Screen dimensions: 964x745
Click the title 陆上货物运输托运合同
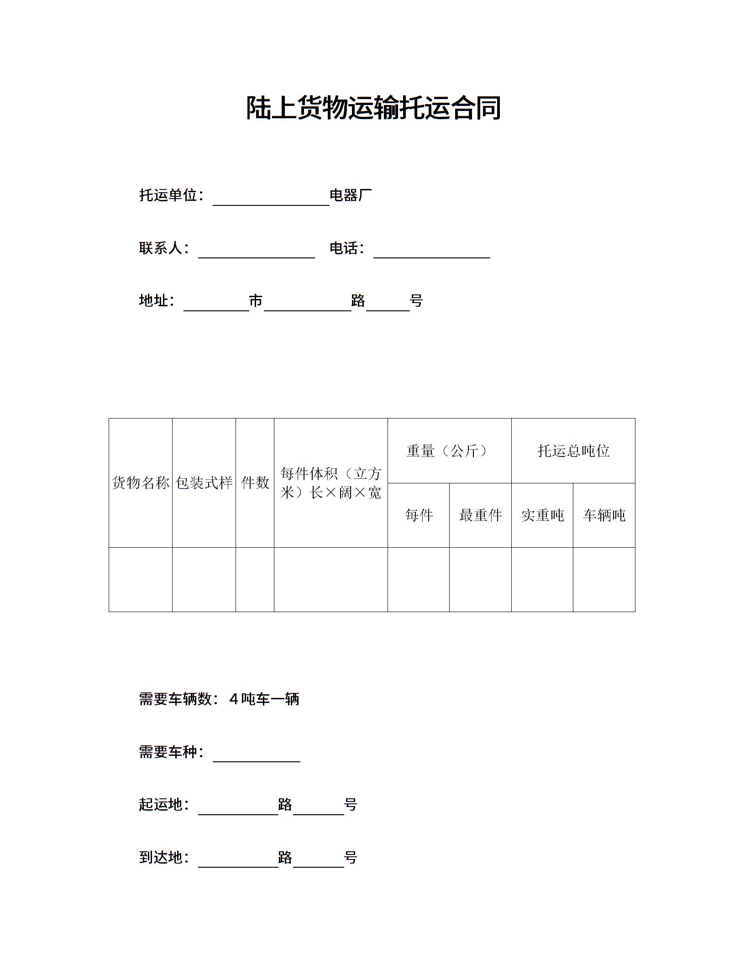pyautogui.click(x=373, y=108)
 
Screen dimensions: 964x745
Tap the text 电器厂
pyautogui.click(x=351, y=195)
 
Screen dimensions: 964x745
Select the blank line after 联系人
pyautogui.click(x=256, y=251)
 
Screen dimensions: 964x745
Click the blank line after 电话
pyautogui.click(x=431, y=251)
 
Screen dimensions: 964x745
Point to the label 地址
pyautogui.click(x=156, y=301)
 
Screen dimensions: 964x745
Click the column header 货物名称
pyautogui.click(x=141, y=483)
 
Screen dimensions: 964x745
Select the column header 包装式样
pyautogui.click(x=204, y=483)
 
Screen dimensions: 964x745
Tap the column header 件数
pyautogui.click(x=255, y=483)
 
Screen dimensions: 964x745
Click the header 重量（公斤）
pyautogui.click(x=449, y=451)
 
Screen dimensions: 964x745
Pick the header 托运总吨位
pyautogui.click(x=573, y=451)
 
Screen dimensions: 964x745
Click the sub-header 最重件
pyautogui.click(x=480, y=515)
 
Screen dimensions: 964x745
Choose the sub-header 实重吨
pyautogui.click(x=542, y=515)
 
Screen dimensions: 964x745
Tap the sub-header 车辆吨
pyautogui.click(x=604, y=515)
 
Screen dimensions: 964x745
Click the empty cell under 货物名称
pyautogui.click(x=141, y=579)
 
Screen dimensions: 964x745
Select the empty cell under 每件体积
pyautogui.click(x=331, y=579)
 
